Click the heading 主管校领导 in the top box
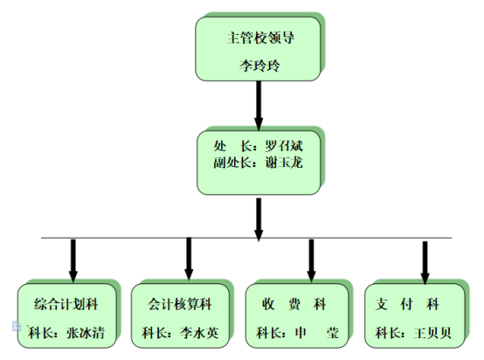point(260,38)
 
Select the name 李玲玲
point(259,66)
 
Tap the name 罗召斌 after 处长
point(284,146)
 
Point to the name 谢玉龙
point(284,163)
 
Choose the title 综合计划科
point(66,304)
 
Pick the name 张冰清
point(86,333)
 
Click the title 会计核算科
point(180,304)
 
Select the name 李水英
point(199,333)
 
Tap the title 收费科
point(294,304)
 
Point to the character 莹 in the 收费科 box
point(333,333)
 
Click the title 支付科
point(407,304)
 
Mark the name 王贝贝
point(432,333)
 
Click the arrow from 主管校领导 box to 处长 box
point(259,106)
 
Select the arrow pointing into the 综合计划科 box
point(73,261)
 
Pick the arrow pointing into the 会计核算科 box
point(189,259)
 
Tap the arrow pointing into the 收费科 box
point(311,261)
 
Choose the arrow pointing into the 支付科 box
point(425,263)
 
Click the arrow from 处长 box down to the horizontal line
point(259,219)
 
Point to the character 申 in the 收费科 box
point(301,333)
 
